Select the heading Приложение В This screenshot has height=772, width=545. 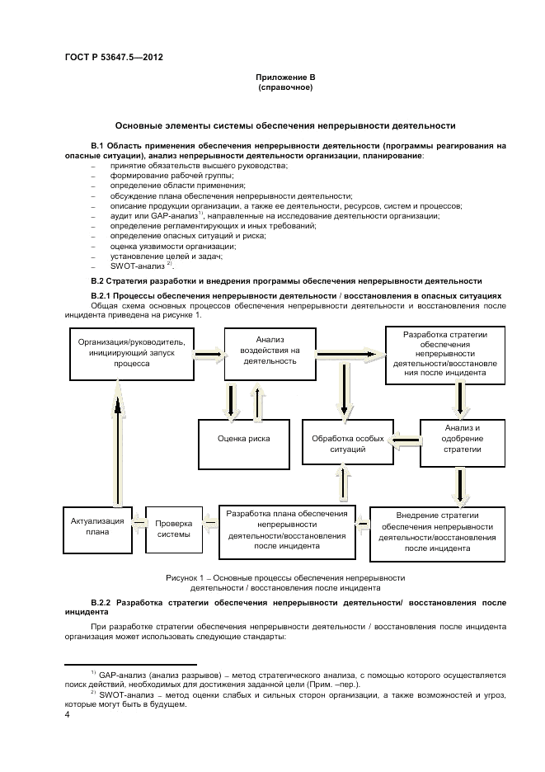coord(285,78)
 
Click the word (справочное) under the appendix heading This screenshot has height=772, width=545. coord(285,87)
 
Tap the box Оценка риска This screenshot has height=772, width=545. coord(243,439)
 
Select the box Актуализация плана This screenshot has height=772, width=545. coord(97,526)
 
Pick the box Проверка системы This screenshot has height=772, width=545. coord(174,529)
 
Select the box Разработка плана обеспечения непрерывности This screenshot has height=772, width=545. coord(287,530)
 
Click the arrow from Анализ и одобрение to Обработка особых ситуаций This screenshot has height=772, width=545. coord(404,443)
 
